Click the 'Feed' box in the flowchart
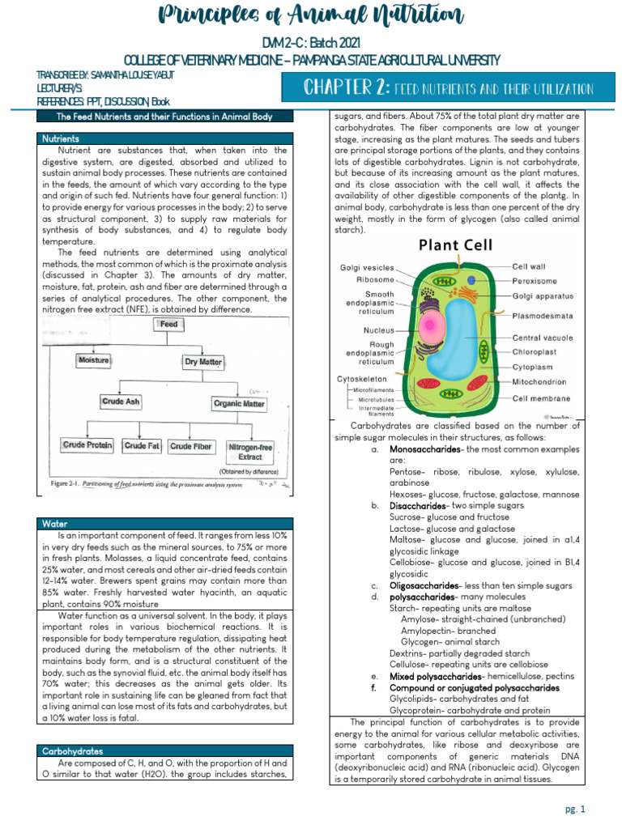click(168, 324)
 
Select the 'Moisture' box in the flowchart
click(94, 360)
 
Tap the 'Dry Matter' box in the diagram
click(202, 362)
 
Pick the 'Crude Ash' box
click(121, 401)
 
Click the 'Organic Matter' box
click(238, 402)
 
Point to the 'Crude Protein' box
click(88, 446)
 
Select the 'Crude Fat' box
click(142, 446)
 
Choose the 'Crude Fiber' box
click(191, 446)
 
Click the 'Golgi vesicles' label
click(366, 267)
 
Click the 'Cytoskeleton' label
click(361, 378)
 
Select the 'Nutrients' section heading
click(61, 138)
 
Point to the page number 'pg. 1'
click(574, 808)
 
